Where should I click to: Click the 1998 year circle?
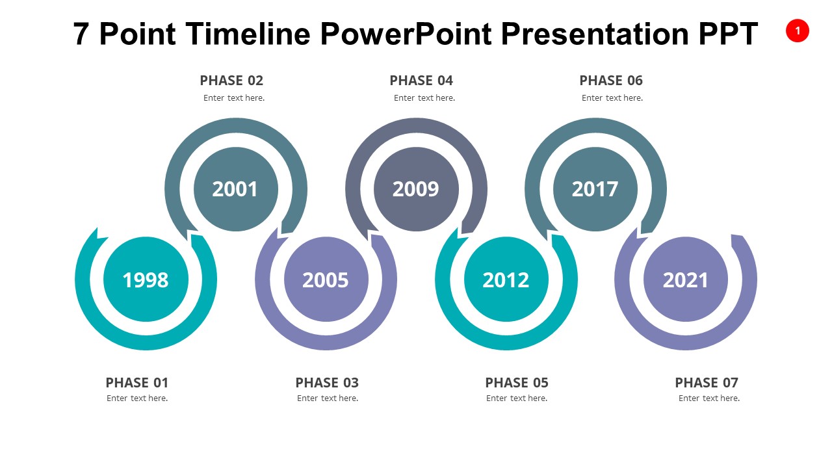pos(146,279)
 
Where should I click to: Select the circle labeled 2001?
pos(235,189)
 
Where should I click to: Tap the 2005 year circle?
pos(326,279)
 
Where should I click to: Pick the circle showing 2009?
pos(416,189)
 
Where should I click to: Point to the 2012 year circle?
pos(506,279)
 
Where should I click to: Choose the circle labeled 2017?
pos(595,189)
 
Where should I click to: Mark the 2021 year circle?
pos(686,279)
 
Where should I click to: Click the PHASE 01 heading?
pos(137,383)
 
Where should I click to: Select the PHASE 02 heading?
pos(231,80)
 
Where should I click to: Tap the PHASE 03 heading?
pos(327,383)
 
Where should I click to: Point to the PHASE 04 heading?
pos(421,80)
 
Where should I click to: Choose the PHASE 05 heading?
pos(517,383)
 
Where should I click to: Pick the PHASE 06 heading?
pos(611,80)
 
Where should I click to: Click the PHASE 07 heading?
pos(707,383)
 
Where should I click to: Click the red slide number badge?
pos(797,31)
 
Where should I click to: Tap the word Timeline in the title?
pos(248,33)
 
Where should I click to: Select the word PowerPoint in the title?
pos(406,33)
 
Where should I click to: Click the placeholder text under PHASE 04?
pos(424,97)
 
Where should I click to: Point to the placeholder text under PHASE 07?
pos(709,398)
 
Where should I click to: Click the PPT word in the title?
pos(728,33)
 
